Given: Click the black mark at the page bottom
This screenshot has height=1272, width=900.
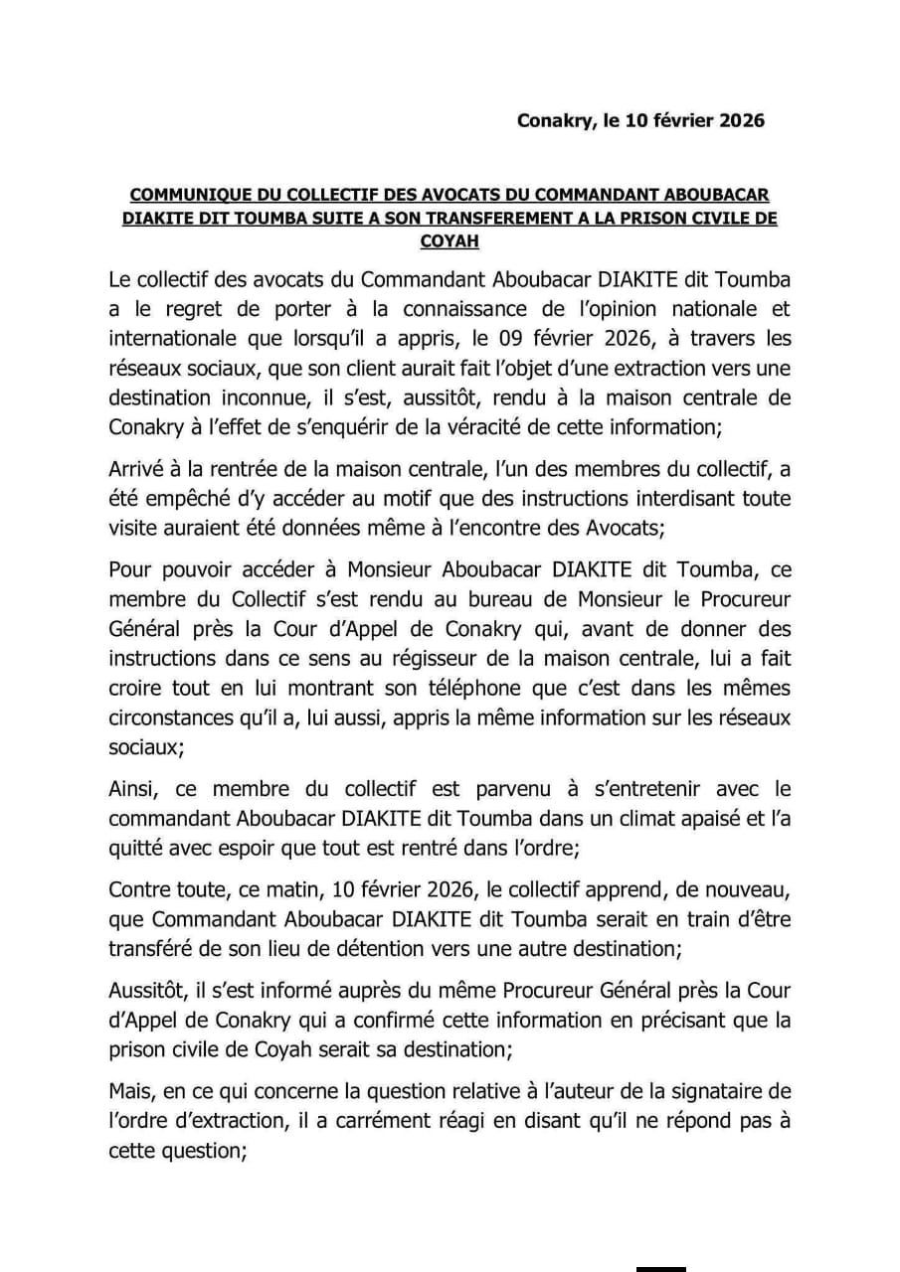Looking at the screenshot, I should [x=661, y=1267].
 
